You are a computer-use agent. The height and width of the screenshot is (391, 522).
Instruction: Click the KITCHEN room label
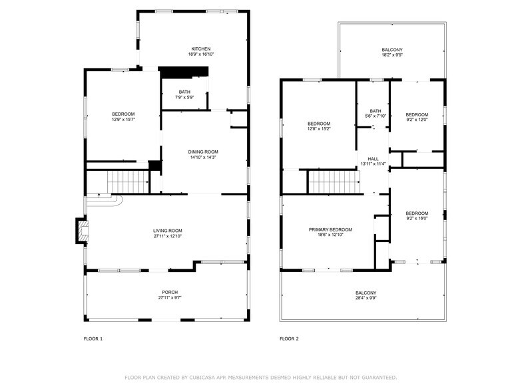point(201,49)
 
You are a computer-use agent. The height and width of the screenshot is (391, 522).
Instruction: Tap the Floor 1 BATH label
point(184,92)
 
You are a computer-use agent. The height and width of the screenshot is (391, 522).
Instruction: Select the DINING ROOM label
point(203,152)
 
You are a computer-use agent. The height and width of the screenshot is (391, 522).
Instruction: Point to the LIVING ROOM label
point(167,230)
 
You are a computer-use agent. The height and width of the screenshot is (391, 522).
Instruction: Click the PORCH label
point(170,292)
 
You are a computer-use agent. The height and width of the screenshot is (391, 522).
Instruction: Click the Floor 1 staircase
point(128,180)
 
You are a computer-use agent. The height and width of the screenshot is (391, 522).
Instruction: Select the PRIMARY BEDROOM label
point(330,229)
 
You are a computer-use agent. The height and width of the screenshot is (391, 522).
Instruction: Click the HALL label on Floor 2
point(373,158)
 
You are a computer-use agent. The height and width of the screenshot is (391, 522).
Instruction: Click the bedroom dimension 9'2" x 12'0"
point(417,120)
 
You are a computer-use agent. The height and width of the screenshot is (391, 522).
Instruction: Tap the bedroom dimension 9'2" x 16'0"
point(417,218)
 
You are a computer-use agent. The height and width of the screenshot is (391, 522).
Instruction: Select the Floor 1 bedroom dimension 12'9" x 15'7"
point(123,120)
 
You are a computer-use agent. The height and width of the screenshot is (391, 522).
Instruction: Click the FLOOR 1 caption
point(93,338)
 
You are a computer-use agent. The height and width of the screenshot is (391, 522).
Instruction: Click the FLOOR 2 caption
point(289,338)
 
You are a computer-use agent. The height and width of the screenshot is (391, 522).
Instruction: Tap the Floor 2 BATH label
point(376,111)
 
